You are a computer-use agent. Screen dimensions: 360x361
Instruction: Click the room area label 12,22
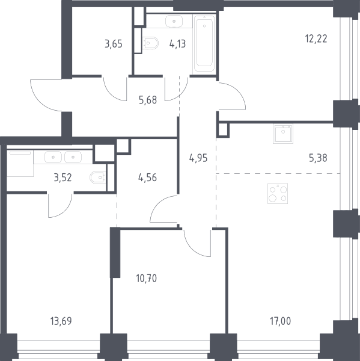click(316, 39)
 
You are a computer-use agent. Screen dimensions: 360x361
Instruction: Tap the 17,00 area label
click(280, 321)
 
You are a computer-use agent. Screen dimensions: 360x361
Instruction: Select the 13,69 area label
click(61, 321)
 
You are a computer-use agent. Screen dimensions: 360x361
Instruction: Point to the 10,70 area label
click(147, 279)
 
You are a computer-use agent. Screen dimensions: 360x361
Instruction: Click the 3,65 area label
click(114, 44)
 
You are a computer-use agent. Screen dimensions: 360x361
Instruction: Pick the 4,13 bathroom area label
click(177, 44)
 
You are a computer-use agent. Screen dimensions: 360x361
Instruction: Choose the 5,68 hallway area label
click(148, 100)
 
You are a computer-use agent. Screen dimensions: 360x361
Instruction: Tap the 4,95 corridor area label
click(198, 158)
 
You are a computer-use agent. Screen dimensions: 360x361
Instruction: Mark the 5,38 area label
click(318, 158)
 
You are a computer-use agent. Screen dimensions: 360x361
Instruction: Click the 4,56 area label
click(147, 177)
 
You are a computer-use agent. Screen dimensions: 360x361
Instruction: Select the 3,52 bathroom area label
click(63, 177)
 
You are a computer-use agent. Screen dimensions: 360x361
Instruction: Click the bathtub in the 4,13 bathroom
click(204, 44)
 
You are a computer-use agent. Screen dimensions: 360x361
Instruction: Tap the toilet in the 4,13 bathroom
click(150, 43)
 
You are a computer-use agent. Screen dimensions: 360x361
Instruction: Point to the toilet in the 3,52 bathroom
click(98, 177)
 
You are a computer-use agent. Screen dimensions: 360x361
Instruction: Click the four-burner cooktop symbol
click(278, 194)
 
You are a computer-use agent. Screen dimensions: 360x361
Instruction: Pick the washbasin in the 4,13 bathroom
click(174, 22)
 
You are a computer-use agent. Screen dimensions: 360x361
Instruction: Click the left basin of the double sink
click(53, 157)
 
